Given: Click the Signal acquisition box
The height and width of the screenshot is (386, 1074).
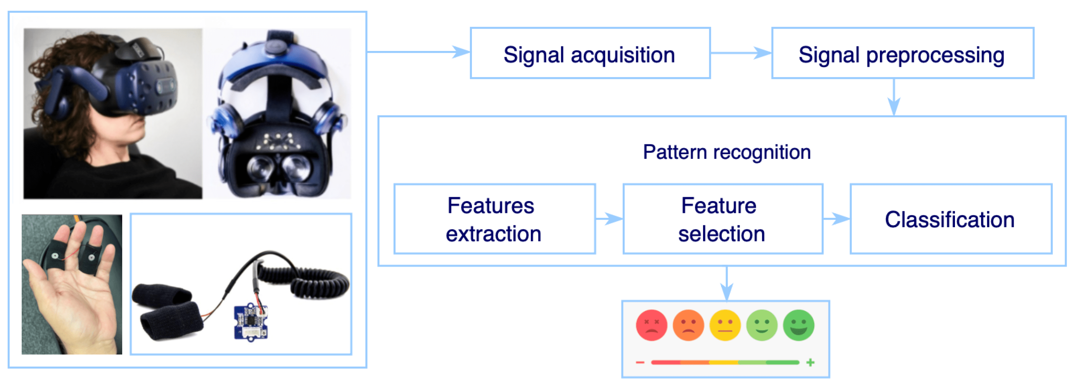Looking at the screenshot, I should tap(590, 53).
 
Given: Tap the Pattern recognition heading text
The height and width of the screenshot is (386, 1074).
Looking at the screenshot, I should tap(726, 152).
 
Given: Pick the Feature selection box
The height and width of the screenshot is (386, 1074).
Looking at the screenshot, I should tap(722, 219).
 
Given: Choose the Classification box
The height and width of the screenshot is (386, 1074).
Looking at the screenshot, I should tap(950, 219).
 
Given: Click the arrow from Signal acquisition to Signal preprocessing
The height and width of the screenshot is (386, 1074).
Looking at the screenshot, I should tap(740, 53).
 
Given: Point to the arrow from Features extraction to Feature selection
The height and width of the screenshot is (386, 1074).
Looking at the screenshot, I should tap(609, 218).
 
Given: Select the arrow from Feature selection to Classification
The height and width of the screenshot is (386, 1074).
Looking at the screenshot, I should tap(836, 218).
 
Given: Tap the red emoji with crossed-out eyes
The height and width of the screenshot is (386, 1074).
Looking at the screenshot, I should tap(651, 325).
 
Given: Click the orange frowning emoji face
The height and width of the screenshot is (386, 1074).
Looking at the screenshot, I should tap(688, 325).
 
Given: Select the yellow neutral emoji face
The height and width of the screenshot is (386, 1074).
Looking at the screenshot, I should tap(725, 325).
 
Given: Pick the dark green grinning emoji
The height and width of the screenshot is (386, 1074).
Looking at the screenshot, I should tap(798, 325).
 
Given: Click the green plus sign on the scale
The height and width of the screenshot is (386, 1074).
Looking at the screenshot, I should tap(810, 362).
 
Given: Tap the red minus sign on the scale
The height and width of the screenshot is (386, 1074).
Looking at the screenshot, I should tap(640, 362).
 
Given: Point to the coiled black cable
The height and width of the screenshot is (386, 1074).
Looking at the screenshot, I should tap(309, 279).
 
